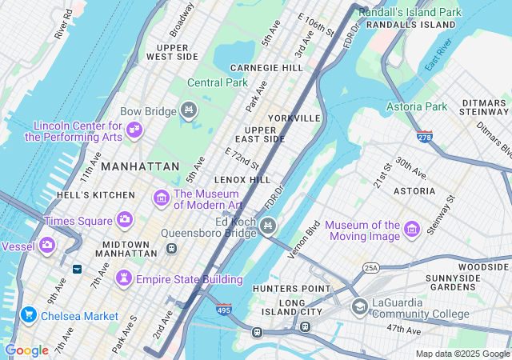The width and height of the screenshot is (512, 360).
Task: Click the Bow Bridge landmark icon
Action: click(189, 110)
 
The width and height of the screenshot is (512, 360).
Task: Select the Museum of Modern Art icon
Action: click(161, 197)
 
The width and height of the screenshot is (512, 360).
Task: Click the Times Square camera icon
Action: click(124, 219)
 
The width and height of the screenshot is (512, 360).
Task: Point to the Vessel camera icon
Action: click(47, 245)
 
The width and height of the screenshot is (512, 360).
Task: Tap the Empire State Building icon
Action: click(124, 278)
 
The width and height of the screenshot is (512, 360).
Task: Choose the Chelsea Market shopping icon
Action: click(29, 315)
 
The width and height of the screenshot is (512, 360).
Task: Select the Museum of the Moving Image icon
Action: click(413, 230)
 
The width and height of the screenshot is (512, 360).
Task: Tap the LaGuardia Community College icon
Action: click(359, 306)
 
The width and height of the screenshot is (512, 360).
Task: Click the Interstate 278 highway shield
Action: click(425, 138)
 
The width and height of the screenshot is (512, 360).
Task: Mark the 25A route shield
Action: click(370, 267)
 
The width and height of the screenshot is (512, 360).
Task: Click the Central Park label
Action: click(218, 82)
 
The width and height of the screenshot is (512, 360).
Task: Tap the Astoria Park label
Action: click(417, 106)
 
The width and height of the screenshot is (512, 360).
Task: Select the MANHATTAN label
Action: click(140, 166)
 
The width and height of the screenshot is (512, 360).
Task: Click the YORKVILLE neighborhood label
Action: click(294, 118)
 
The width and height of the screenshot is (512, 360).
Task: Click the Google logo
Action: click(26, 350)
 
